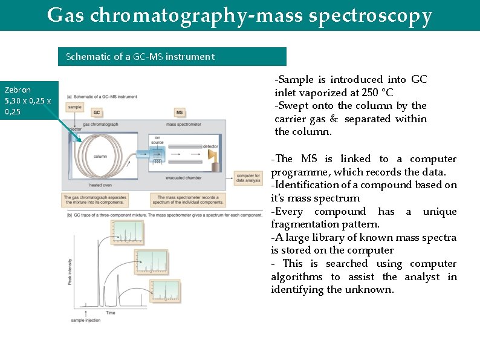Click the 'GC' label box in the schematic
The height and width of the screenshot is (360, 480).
pos(97,113)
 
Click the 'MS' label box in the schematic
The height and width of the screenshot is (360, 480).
pos(180,113)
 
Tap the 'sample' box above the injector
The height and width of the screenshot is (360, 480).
pos(75,107)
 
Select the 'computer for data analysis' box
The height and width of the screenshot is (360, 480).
pos(248,177)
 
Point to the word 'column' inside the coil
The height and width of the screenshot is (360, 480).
pos(100,155)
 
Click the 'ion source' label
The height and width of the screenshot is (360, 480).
pos(159,140)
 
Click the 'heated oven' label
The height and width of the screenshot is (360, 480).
pos(100,185)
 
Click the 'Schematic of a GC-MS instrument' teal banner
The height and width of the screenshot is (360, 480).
pos(172,57)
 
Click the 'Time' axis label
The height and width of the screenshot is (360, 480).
pos(111,313)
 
